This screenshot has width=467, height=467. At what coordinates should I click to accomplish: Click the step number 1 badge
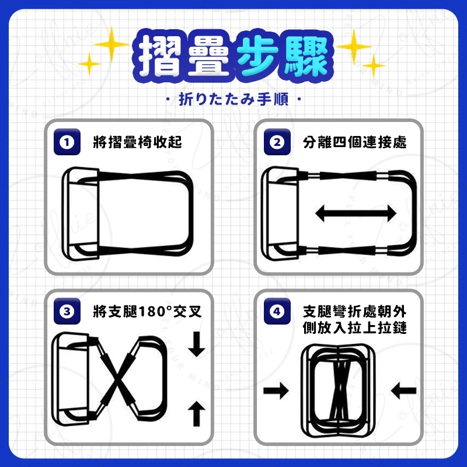pos(67,142)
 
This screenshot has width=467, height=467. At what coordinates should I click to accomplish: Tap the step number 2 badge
pos(277,142)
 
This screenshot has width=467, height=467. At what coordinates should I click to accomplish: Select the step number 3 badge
pos(67,311)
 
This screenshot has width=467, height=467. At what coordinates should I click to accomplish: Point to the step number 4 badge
pos(277,311)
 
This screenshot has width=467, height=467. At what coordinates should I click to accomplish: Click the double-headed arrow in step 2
pos(356,213)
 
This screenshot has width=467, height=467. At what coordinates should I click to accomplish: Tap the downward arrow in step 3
pos(197,344)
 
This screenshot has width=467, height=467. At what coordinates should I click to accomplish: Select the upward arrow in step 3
pos(197,414)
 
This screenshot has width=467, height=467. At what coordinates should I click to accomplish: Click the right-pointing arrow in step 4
pos(276,391)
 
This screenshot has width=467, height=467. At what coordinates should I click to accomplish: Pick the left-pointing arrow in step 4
pos(403,391)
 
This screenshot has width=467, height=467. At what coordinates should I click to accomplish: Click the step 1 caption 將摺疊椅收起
pos(137,142)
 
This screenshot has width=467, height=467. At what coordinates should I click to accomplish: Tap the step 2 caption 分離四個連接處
pos(355,142)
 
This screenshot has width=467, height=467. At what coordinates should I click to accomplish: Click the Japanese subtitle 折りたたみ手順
pos(233,99)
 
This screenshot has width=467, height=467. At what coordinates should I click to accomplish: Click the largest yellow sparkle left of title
pos(111,44)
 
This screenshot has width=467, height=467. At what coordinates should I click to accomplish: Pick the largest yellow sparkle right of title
pos(354,47)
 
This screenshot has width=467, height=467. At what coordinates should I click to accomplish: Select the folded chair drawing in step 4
pos(339,391)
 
